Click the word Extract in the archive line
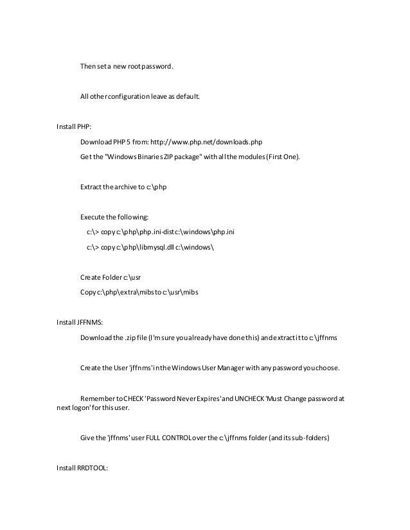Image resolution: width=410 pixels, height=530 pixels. (x=91, y=187)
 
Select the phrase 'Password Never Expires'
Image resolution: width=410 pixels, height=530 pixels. (x=186, y=398)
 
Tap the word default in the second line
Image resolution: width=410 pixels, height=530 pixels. (x=186, y=97)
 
